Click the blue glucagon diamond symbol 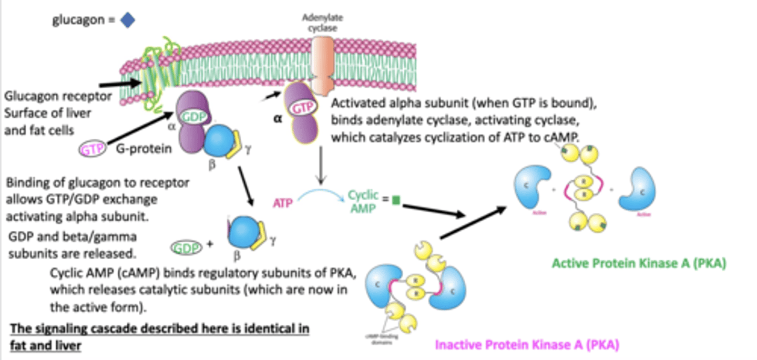tap(128, 20)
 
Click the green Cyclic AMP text tap(363, 201)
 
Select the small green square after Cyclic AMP tap(396, 200)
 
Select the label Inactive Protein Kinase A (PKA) tap(526, 345)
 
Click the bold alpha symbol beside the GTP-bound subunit tap(277, 119)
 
